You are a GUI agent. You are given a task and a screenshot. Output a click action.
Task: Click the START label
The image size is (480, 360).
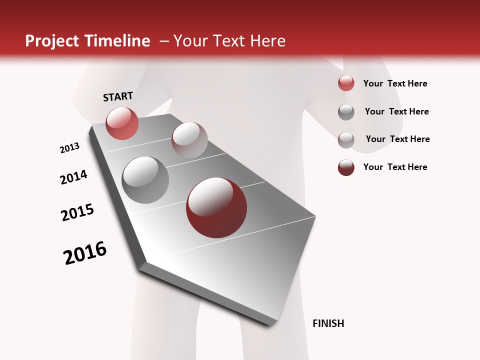click(118, 96)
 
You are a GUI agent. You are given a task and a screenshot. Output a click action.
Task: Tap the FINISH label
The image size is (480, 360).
click(328, 323)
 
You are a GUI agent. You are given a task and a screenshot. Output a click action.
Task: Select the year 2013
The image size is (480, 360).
click(69, 148)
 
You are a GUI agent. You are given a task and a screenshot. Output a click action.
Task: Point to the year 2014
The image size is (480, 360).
click(73, 177)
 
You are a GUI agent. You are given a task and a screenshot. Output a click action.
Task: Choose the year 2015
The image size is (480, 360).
click(77, 212)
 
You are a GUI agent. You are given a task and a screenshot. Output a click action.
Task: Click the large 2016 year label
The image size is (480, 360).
click(85, 253)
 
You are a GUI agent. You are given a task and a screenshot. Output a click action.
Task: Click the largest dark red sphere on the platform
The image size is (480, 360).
click(216, 208)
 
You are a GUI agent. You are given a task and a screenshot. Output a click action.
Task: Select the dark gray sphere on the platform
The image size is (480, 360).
click(145, 180)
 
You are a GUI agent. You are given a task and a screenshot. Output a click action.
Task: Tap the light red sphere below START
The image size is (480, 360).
click(122, 123)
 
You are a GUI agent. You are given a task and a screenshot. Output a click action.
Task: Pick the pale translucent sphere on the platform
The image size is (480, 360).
click(189, 140)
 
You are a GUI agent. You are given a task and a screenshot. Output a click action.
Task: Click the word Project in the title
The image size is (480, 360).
click(52, 41)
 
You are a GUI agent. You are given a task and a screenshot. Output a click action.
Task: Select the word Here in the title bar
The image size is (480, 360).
click(267, 41)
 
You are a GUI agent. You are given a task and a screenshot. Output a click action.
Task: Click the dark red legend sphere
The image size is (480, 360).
click(346, 167)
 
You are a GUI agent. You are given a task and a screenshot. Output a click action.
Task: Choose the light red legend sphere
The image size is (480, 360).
click(346, 83)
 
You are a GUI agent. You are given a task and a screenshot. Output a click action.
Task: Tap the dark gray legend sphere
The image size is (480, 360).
click(346, 112)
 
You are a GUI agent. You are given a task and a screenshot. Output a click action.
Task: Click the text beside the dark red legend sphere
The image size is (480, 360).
click(395, 167)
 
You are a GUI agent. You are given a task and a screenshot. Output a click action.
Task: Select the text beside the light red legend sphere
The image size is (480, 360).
click(395, 83)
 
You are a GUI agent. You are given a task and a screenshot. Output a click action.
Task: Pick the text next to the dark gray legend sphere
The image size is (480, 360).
click(396, 111)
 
